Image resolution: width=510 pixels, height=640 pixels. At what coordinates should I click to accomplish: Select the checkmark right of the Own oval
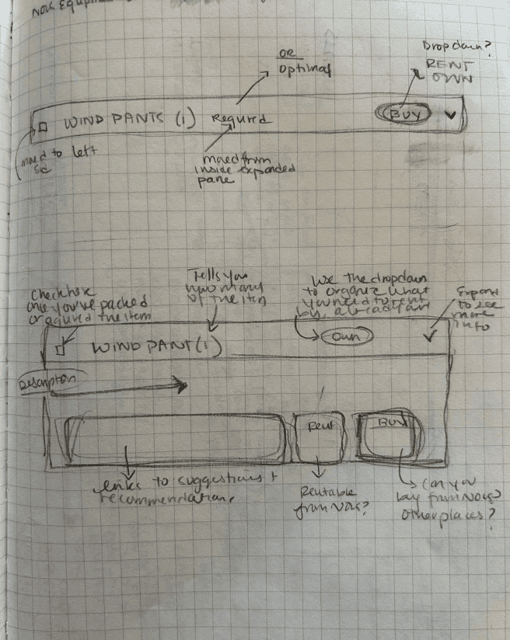click(426, 336)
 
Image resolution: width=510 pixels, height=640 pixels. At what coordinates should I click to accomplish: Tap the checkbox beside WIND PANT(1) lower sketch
click(59, 350)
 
